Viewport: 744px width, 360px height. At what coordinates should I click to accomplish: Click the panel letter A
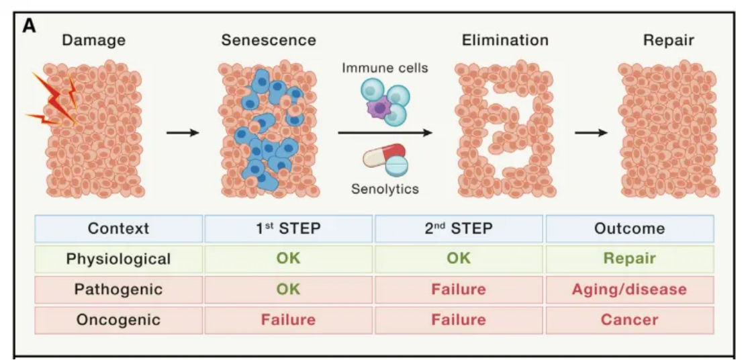29,26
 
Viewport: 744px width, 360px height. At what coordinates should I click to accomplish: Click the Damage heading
94,40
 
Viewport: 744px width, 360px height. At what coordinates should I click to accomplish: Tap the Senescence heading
269,40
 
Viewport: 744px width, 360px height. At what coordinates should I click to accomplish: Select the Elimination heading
506,40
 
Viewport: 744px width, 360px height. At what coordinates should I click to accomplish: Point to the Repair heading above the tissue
669,41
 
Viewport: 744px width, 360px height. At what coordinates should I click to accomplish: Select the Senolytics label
385,189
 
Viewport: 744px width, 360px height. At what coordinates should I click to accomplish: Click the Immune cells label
385,68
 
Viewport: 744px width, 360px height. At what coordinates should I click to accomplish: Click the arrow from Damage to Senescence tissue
183,133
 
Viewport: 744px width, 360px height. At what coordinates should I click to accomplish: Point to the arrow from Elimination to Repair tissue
591,133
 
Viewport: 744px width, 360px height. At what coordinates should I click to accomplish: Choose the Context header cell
119,228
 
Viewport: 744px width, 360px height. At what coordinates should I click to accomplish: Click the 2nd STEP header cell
459,228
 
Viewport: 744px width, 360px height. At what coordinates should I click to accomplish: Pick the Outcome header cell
630,228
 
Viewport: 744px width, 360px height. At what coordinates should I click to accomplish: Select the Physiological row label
119,259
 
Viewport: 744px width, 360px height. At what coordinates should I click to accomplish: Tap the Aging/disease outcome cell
630,289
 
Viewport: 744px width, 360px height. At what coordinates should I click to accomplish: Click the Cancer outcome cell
630,320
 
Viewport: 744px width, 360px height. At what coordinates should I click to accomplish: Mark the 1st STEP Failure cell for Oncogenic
289,320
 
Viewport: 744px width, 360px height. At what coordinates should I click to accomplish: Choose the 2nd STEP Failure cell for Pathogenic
459,289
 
